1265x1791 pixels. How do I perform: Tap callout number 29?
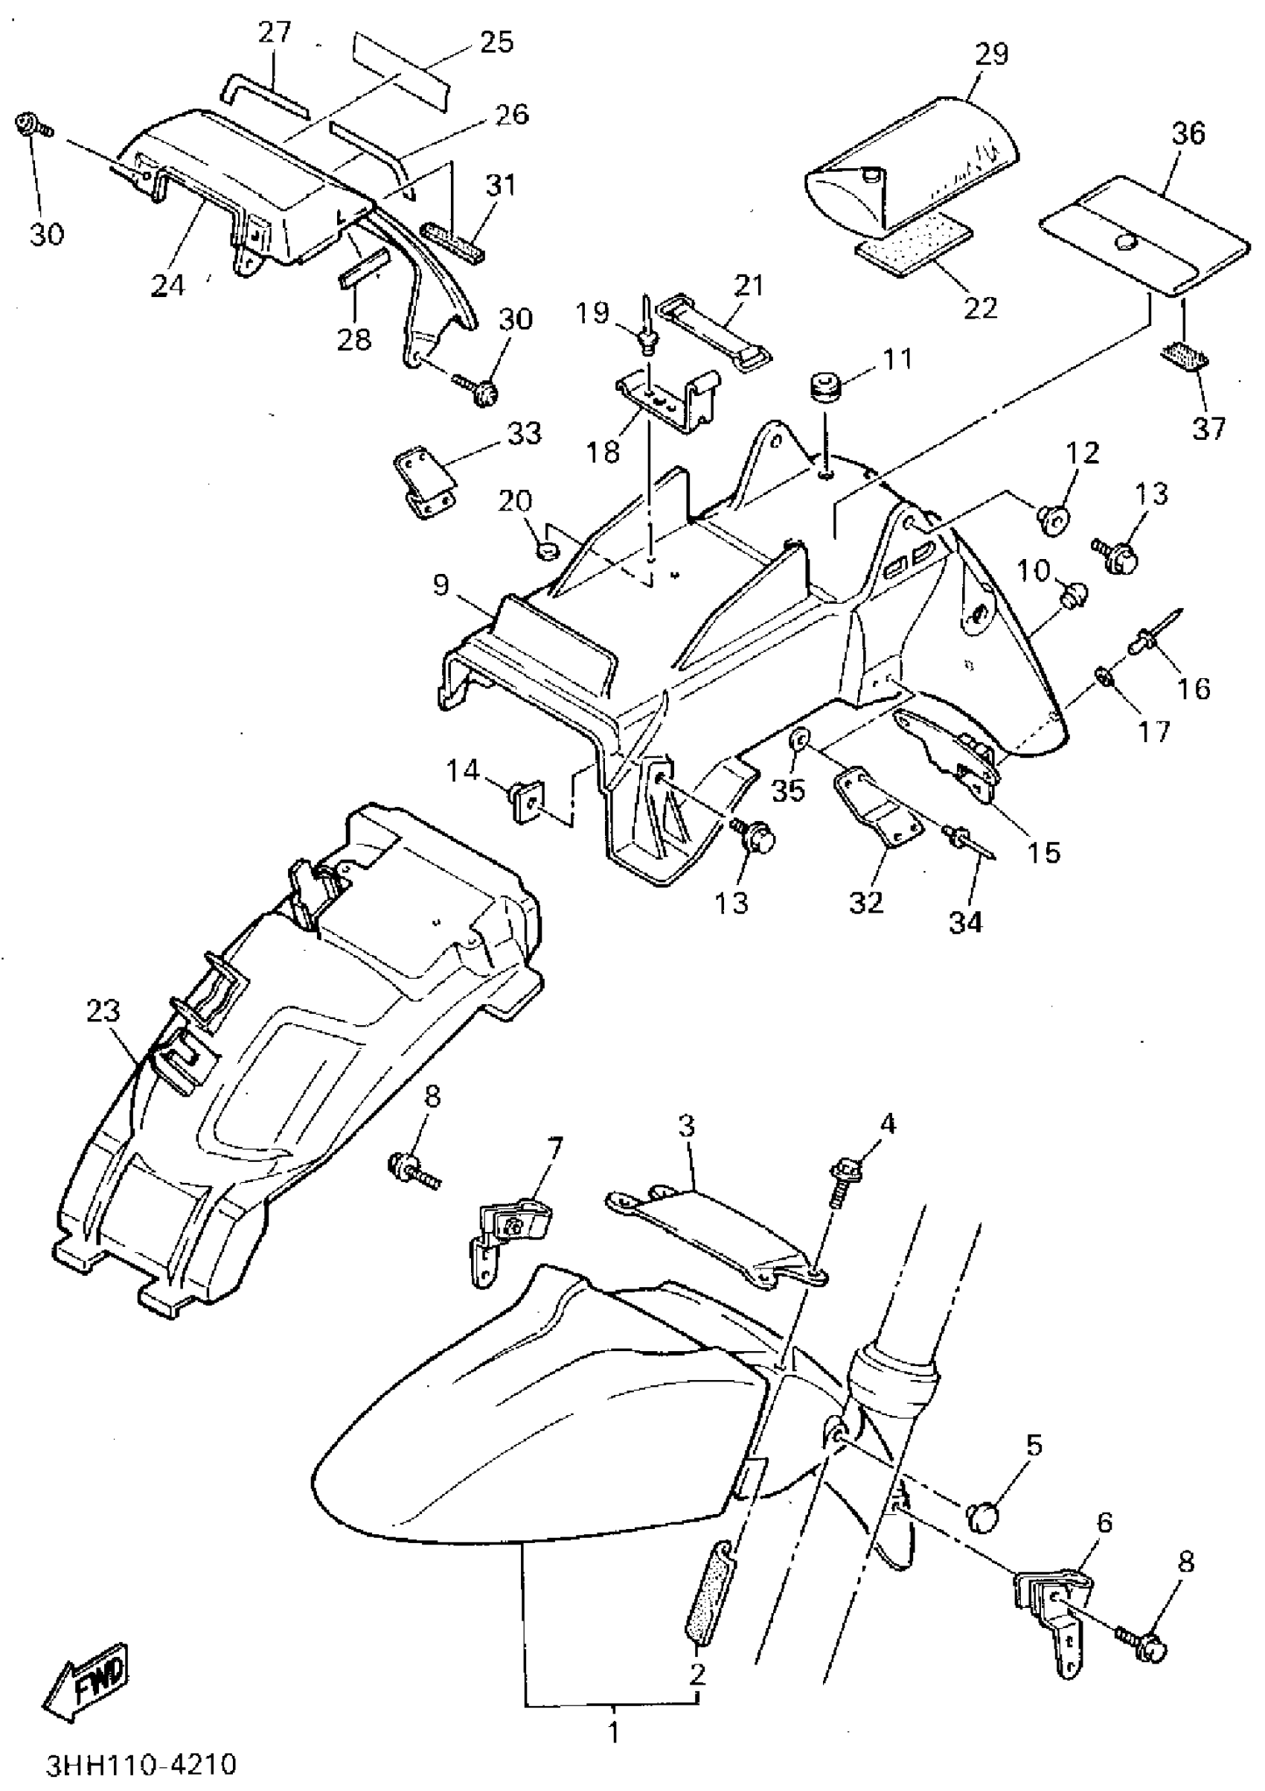991,54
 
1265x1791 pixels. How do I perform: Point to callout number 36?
1188,133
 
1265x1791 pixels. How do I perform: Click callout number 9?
441,584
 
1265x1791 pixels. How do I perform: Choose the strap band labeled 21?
714,328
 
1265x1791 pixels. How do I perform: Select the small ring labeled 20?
548,552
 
